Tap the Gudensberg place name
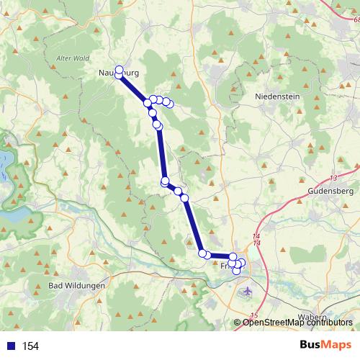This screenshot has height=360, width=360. click(x=330, y=192)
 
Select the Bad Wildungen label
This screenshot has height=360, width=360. click(x=76, y=286)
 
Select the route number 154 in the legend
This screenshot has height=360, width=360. click(x=30, y=346)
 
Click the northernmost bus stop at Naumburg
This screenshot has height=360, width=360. click(x=120, y=69)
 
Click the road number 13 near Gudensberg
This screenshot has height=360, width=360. click(x=333, y=178)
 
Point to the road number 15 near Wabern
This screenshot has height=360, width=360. click(x=253, y=315)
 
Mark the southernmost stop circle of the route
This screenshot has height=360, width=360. click(x=236, y=271)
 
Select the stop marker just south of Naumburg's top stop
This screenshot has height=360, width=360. click(x=119, y=74)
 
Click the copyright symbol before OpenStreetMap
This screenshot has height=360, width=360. click(x=238, y=323)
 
